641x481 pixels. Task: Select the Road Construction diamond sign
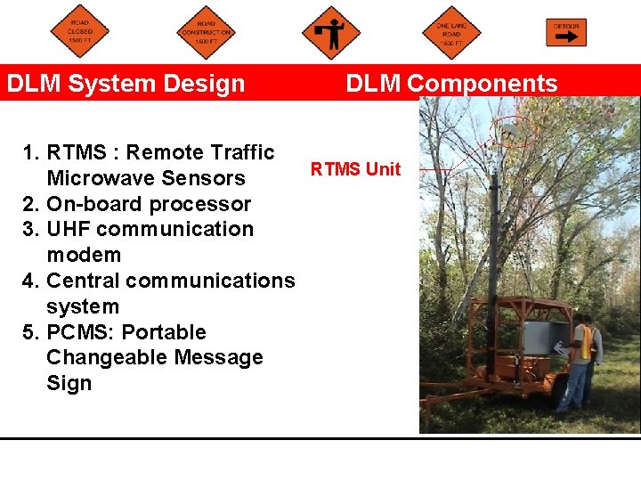[206, 33]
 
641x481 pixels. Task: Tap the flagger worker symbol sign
[331, 32]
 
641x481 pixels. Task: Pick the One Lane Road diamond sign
[451, 33]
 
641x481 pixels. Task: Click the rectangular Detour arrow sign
[566, 32]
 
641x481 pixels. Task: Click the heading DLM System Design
[126, 84]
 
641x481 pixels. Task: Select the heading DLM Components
[451, 84]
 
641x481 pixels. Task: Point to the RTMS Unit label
[355, 169]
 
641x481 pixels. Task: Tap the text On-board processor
[149, 204]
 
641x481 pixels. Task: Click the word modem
[84, 255]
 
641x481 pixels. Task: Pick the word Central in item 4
[83, 281]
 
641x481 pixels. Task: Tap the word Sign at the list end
[69, 383]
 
